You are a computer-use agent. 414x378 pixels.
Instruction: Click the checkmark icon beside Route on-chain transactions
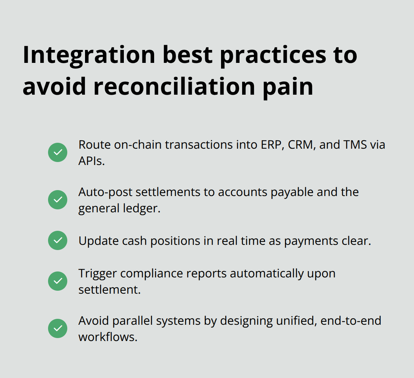(58, 152)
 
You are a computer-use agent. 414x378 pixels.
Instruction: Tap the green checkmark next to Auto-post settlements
(58, 200)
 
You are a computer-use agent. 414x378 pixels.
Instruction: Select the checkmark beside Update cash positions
(58, 240)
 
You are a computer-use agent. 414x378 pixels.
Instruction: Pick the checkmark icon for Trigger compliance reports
(58, 281)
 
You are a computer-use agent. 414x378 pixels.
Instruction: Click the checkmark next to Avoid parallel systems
(58, 328)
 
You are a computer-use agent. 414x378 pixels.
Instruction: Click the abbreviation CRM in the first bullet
(298, 145)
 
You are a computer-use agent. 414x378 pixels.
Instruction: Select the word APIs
(91, 161)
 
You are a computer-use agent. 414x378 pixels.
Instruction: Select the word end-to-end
(351, 321)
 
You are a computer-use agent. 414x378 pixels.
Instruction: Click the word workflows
(108, 337)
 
